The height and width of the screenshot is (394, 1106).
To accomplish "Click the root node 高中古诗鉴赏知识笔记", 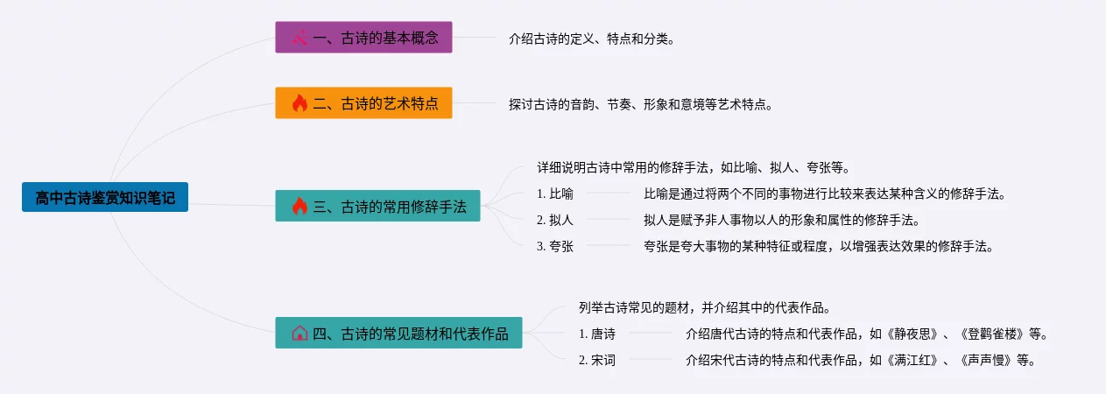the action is click(x=105, y=197).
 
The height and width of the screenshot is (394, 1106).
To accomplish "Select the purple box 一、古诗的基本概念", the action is click(x=364, y=37).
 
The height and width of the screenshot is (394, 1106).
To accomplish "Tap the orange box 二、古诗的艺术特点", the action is click(x=364, y=102).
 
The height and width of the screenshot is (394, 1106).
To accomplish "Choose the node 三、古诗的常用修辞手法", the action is click(x=377, y=206).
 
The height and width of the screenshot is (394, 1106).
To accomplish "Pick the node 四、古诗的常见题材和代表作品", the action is click(x=399, y=333).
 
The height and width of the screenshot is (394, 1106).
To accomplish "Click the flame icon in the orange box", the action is click(x=299, y=102).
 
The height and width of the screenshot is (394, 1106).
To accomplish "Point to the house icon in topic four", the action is click(x=299, y=334).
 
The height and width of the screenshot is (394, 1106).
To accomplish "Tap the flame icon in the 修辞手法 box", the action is click(x=299, y=206).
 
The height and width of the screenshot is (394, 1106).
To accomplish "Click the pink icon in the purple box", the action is click(x=299, y=38).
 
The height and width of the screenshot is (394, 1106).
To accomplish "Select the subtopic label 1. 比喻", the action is click(x=555, y=193).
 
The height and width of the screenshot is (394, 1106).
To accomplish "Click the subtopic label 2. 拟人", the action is click(x=555, y=220).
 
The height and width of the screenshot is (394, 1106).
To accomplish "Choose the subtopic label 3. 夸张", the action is click(x=555, y=246).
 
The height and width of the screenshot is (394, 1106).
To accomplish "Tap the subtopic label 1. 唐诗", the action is click(x=597, y=334).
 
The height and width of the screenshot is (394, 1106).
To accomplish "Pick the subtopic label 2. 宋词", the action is click(x=597, y=360).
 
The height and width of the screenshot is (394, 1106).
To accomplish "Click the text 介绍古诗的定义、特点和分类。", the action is click(x=591, y=39).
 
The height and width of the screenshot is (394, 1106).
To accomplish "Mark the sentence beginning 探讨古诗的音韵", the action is click(x=640, y=104).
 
